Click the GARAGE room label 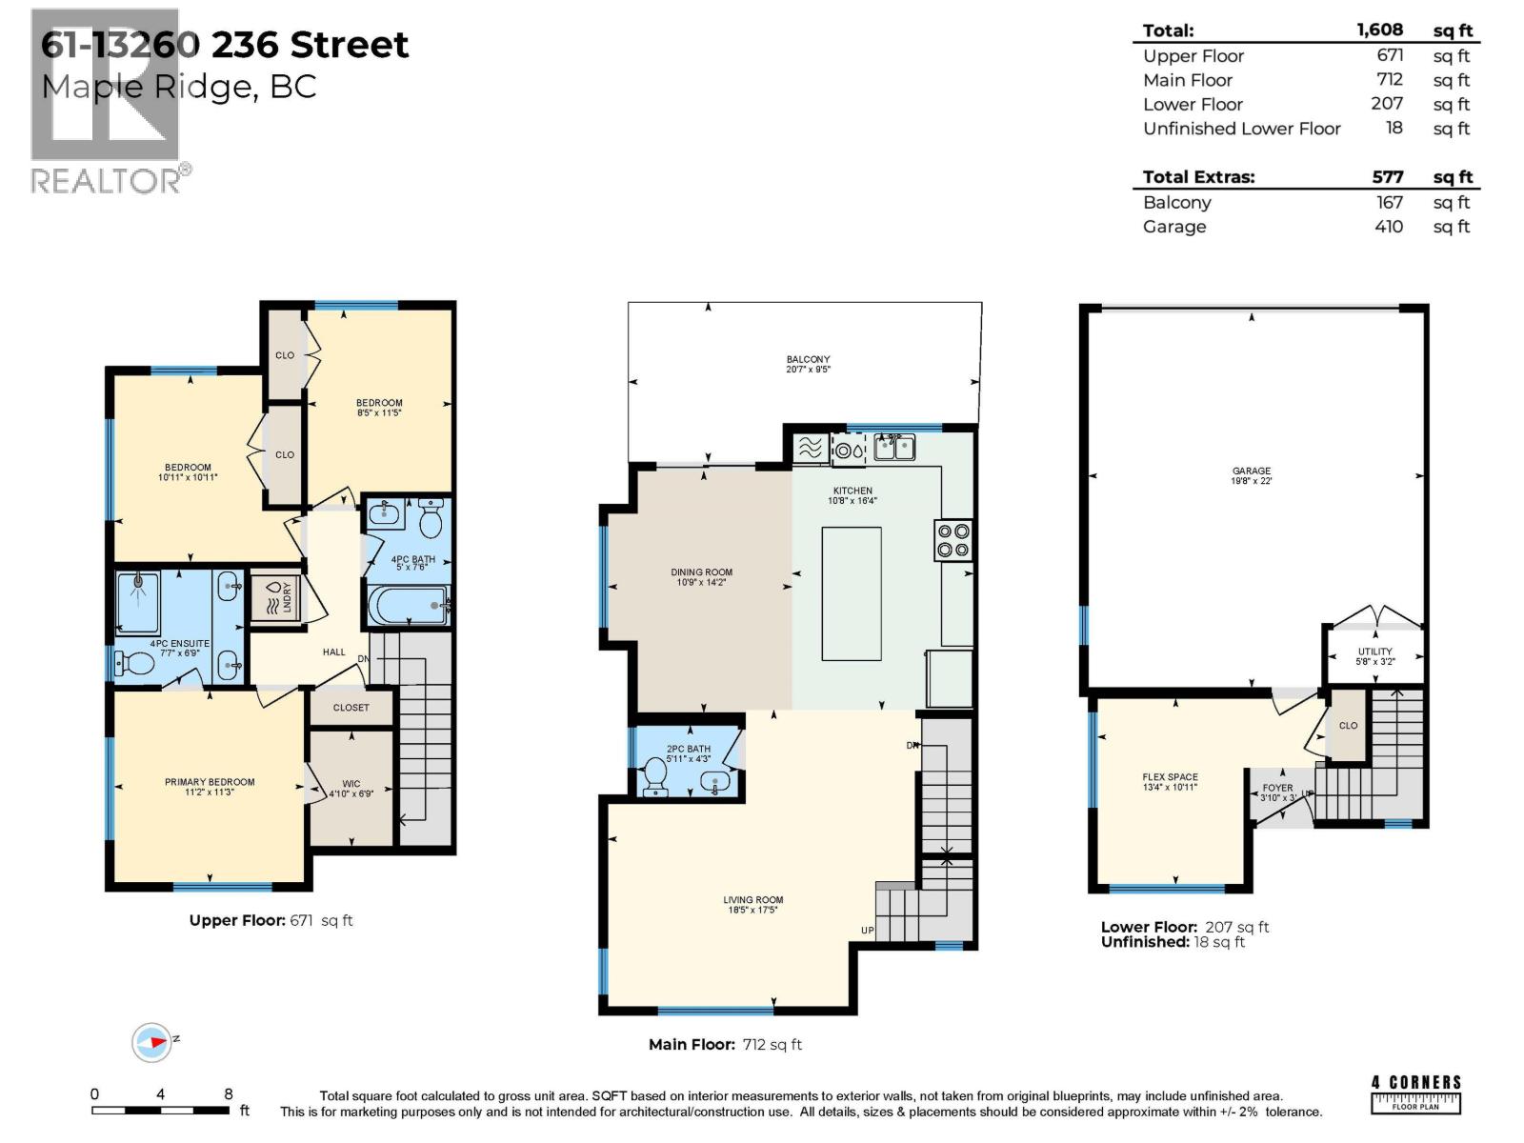point(1251,471)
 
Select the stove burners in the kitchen point(952,540)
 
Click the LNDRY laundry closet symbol point(276,598)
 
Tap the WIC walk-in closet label point(351,784)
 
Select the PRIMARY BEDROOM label point(210,782)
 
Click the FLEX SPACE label point(1170,777)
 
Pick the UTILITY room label point(1374,652)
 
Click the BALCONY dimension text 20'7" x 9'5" point(808,370)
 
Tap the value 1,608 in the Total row point(1379,30)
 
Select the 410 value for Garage point(1388,227)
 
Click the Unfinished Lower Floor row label point(1241,129)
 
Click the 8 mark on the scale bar point(229,1094)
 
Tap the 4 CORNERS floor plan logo point(1415,1093)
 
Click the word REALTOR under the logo point(106,181)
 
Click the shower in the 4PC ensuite point(139,602)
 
